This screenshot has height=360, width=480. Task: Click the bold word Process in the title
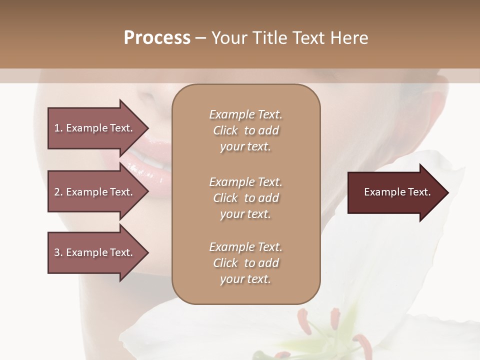(157, 38)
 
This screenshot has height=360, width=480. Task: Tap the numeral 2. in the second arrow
(58, 192)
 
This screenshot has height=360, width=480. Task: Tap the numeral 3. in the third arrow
(58, 252)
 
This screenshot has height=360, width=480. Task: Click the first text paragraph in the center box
(245, 130)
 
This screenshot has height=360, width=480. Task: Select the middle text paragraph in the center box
(245, 197)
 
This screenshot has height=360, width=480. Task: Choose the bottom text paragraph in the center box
(245, 263)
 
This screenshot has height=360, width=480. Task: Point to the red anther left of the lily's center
(303, 317)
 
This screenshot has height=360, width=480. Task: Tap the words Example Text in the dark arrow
(397, 192)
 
